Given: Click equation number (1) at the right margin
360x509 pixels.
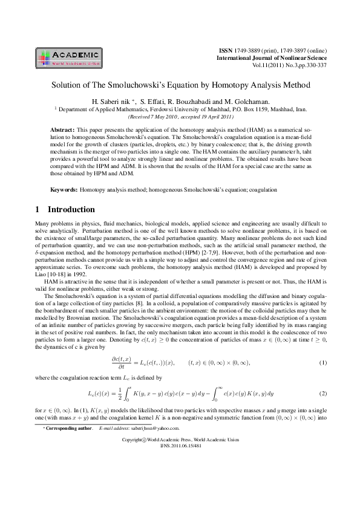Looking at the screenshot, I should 324,363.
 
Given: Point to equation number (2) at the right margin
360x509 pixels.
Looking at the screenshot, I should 324,394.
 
